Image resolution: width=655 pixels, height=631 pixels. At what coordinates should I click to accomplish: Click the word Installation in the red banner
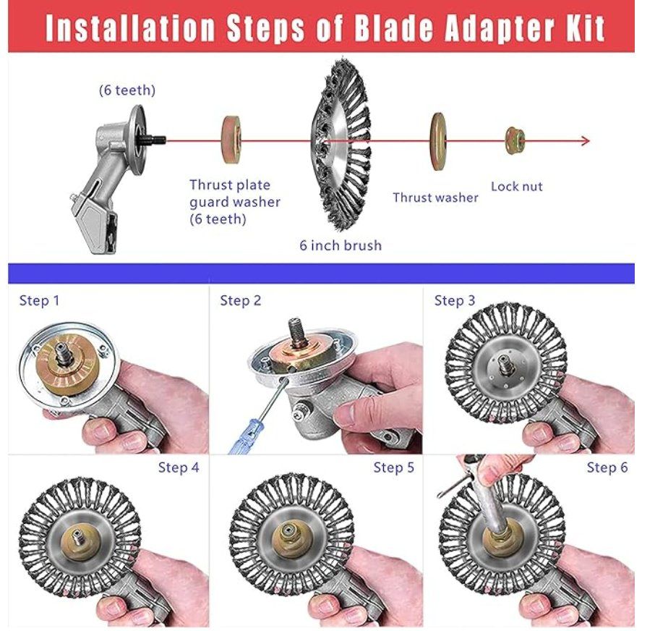pos(130,28)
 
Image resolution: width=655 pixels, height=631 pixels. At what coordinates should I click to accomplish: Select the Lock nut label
pos(517,186)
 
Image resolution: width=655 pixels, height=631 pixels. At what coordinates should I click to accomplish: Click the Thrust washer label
pos(435,198)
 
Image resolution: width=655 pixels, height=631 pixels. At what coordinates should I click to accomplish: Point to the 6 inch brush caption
pos(341,245)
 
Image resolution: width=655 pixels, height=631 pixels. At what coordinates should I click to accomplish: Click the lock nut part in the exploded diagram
pos(515,140)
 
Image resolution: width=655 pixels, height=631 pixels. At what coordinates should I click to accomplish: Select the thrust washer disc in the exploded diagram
pos(437,141)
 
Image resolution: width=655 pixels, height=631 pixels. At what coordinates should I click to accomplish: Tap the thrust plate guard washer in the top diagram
pos(231,139)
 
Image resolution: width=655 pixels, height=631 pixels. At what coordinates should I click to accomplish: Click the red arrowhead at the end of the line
pos(586,141)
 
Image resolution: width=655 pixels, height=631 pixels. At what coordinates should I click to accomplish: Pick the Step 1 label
pos(39,300)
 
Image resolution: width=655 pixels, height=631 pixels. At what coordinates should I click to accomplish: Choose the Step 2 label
pos(240,300)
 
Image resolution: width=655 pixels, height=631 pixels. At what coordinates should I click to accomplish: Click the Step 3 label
pos(455,300)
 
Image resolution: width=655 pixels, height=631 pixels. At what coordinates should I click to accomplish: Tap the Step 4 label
pos(179,467)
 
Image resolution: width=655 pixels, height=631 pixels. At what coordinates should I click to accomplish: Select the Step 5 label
pos(393,467)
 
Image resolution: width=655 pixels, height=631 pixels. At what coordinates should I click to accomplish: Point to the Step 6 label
pos(607,467)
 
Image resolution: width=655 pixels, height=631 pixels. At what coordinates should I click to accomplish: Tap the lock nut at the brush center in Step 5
pos(288,533)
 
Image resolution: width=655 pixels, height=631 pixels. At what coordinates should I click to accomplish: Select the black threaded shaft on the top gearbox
pos(154,139)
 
